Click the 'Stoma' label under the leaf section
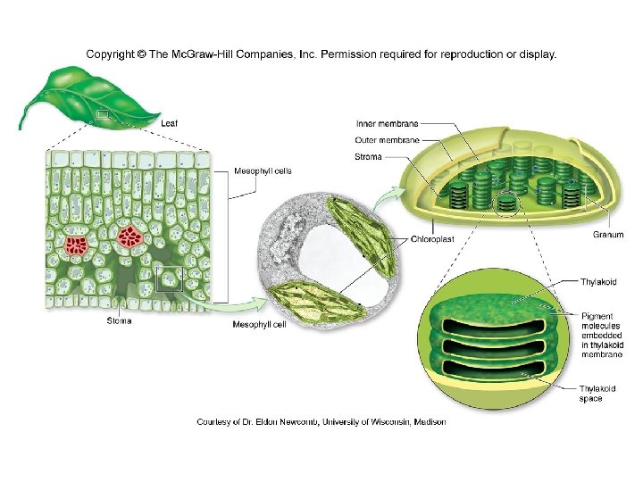[x=120, y=320]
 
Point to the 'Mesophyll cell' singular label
[x=259, y=325]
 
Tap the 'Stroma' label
[x=369, y=157]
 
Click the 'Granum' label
[x=608, y=235]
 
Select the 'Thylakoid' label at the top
[x=599, y=282]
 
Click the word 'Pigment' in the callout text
[x=597, y=316]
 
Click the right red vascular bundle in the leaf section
[x=131, y=237]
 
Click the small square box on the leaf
[x=104, y=114]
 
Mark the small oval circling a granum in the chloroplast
[x=506, y=204]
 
